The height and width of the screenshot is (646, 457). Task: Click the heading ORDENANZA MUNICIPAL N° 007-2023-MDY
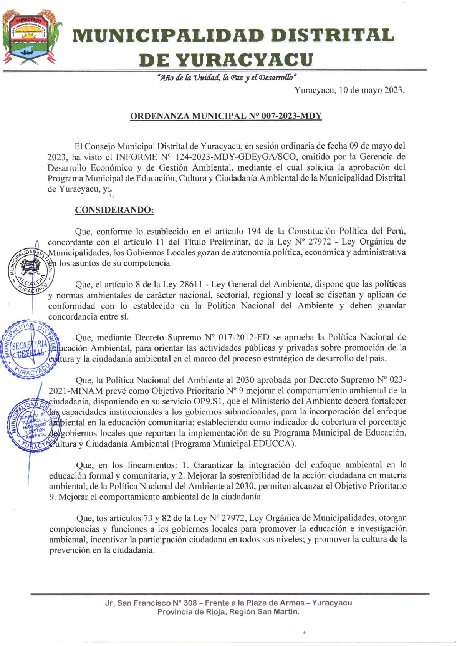pos(226,116)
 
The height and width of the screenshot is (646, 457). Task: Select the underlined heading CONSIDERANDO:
pos(114,210)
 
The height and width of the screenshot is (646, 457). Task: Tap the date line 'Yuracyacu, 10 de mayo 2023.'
pos(349,91)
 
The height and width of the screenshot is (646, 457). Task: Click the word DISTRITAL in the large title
pos(333,36)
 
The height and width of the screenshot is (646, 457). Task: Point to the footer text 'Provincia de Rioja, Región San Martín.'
pos(228,612)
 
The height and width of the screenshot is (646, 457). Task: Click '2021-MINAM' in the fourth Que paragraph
pos(76,391)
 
